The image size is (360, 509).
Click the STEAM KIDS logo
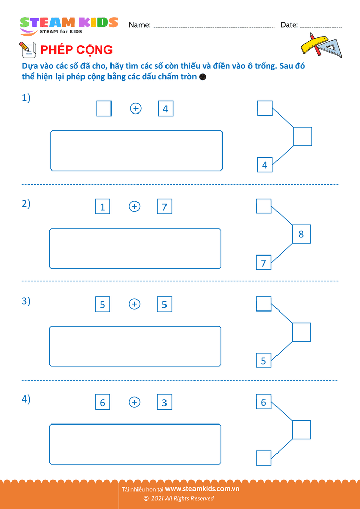click(69, 25)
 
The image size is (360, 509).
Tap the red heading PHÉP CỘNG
click(76, 50)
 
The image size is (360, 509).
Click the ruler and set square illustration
click(322, 45)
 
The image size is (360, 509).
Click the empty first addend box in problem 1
click(104, 108)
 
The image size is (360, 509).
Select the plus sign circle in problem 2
click(134, 207)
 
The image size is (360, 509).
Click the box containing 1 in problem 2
click(102, 207)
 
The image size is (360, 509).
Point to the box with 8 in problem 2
click(301, 234)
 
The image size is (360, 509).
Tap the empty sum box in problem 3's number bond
click(301, 332)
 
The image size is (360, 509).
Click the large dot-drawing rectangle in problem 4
click(135, 444)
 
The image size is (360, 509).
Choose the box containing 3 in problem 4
click(164, 403)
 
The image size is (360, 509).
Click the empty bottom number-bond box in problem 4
click(264, 458)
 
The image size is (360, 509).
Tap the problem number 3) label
click(26, 301)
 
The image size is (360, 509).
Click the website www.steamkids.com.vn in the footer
click(202, 489)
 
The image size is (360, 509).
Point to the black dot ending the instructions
click(203, 77)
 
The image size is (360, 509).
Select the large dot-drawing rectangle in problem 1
click(136, 151)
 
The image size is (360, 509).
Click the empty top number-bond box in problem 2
click(264, 206)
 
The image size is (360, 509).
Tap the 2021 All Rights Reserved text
click(179, 499)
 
